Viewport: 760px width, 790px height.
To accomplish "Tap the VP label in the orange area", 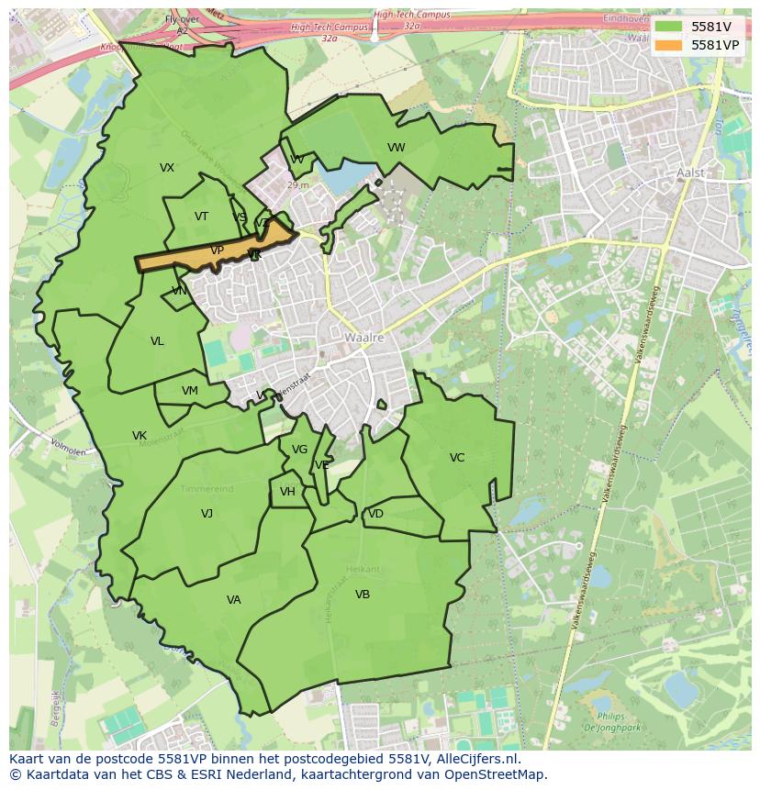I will coord(217,250).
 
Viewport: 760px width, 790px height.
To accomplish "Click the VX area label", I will coord(166,168).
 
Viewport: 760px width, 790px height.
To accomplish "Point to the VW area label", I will coord(396,148).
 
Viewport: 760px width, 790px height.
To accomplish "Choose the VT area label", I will coord(201,217).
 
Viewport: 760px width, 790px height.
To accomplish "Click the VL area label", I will coord(157,341).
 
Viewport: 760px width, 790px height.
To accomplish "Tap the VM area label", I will coord(189,391).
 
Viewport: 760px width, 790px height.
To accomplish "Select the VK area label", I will coord(139,436).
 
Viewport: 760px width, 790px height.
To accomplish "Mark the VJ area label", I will coord(207,514).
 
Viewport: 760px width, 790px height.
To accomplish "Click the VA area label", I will coord(233,600).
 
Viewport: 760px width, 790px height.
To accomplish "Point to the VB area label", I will coord(363,595).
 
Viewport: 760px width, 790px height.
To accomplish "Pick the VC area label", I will coord(456,458).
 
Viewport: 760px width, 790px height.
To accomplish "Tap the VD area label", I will coord(375,514).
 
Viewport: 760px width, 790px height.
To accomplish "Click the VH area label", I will coord(287,492).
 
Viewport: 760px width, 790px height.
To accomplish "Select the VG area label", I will coord(299,450).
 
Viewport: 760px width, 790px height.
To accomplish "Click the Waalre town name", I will coord(363,338).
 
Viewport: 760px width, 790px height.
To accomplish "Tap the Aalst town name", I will coord(689,172).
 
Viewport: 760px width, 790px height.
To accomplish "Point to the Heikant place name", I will coord(363,570).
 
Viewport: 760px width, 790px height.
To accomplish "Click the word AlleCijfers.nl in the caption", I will coord(476,759).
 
